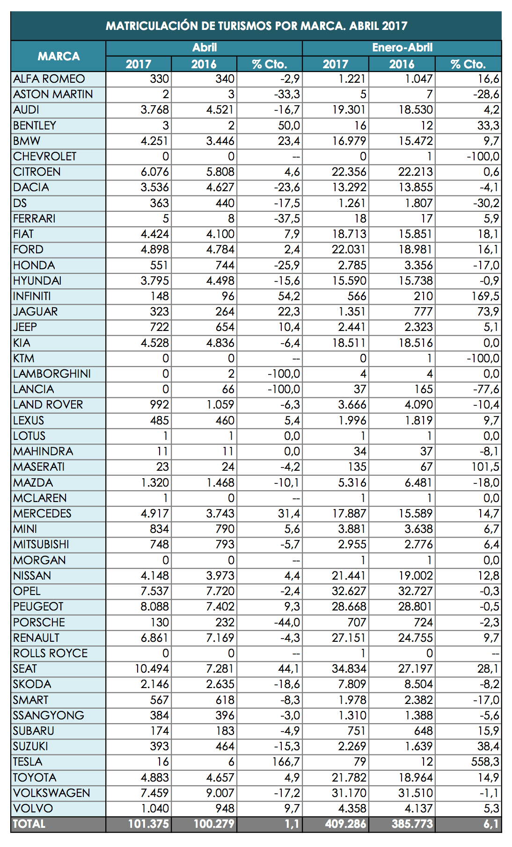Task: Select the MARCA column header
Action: pos(59,56)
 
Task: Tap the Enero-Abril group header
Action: pos(402,48)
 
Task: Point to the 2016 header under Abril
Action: pos(204,64)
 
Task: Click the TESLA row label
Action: pos(28,762)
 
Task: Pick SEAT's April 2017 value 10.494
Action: pos(152,669)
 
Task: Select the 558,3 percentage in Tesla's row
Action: pos(485,762)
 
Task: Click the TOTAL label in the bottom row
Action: pos(29,824)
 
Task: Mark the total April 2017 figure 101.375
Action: pos(148,824)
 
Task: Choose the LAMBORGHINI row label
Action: pos(52,374)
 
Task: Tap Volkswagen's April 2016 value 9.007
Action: pos(220,793)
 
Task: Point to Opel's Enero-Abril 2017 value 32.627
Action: pos(349,591)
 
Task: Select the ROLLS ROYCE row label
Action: pos(51,653)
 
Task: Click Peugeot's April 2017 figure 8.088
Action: pos(154,607)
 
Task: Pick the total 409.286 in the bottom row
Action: pos(346,824)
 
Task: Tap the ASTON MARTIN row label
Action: pos(53,94)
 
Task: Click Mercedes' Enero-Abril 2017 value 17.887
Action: pos(349,514)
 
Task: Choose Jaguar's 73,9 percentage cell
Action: pos(489,312)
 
